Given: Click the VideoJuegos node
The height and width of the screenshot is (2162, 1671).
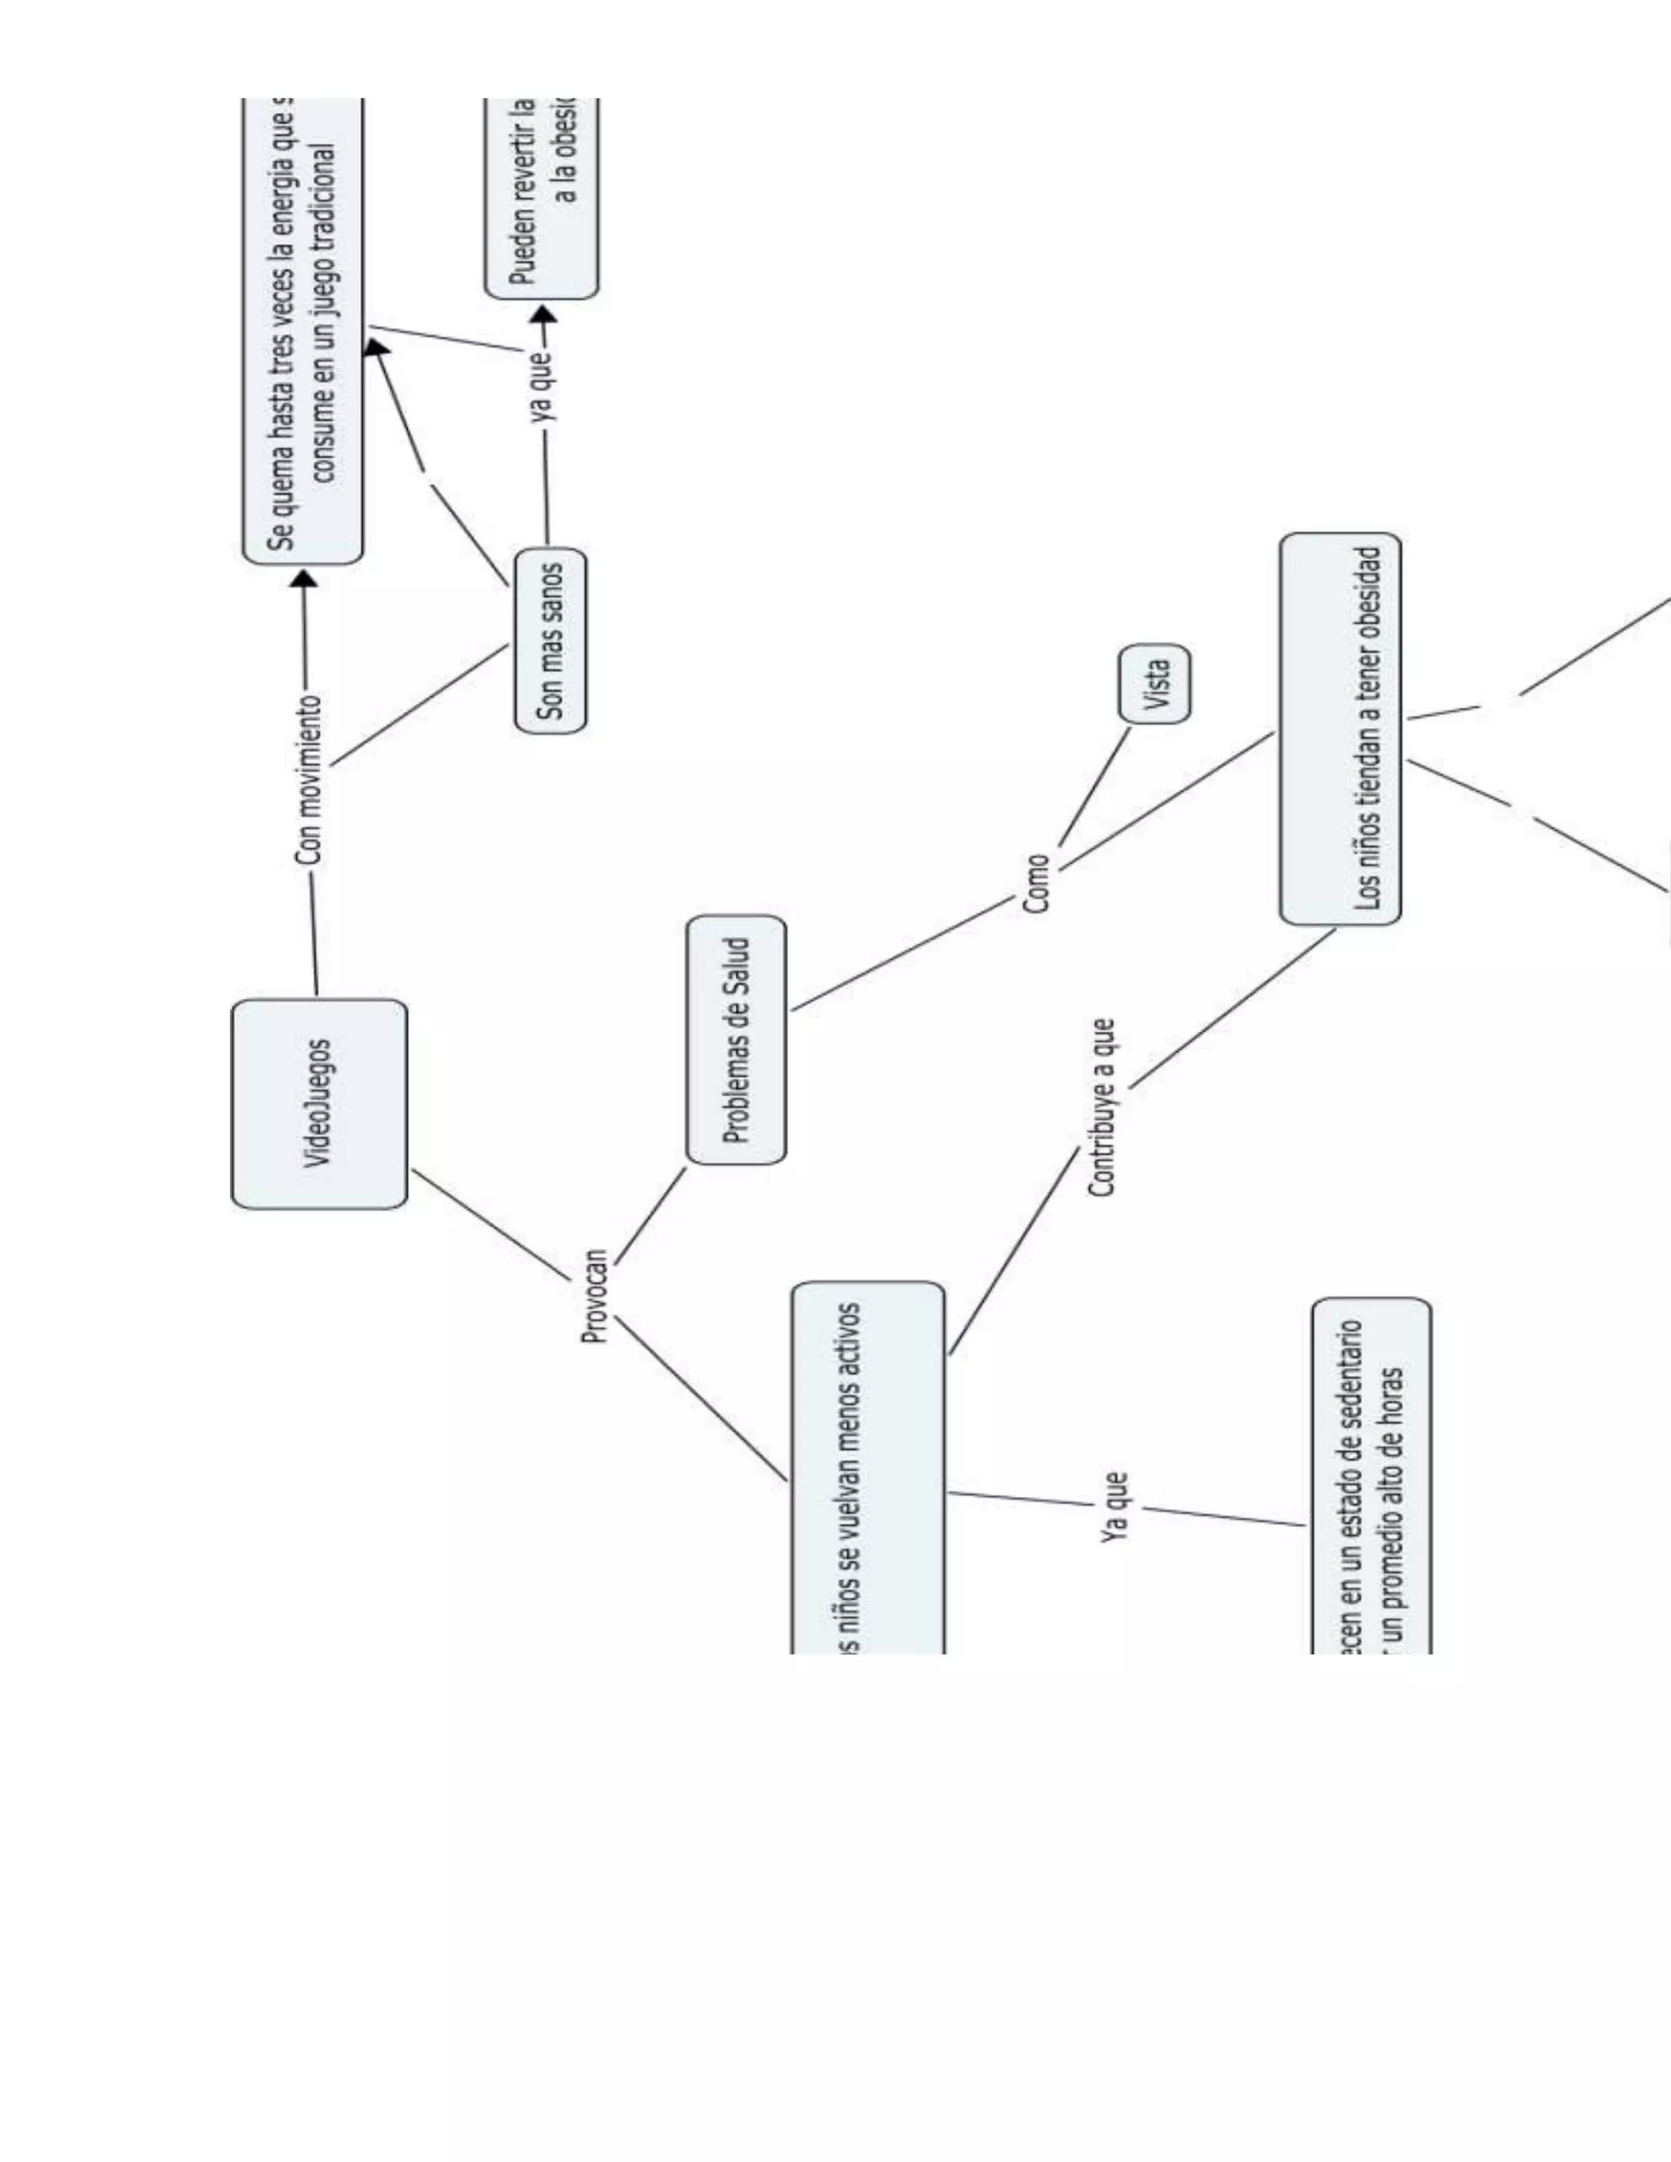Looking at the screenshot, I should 319,1103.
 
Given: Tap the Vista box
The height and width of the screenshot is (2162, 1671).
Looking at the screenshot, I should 1155,683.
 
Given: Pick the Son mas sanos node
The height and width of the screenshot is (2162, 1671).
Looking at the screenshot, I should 551,640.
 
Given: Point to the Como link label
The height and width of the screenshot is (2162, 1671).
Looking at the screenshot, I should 1035,884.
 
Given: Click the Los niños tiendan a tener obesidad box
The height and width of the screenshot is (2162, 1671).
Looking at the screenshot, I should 1340,729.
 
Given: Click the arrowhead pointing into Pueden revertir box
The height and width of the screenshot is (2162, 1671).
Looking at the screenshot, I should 543,315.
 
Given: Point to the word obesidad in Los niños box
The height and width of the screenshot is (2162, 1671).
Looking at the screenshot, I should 1369,593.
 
